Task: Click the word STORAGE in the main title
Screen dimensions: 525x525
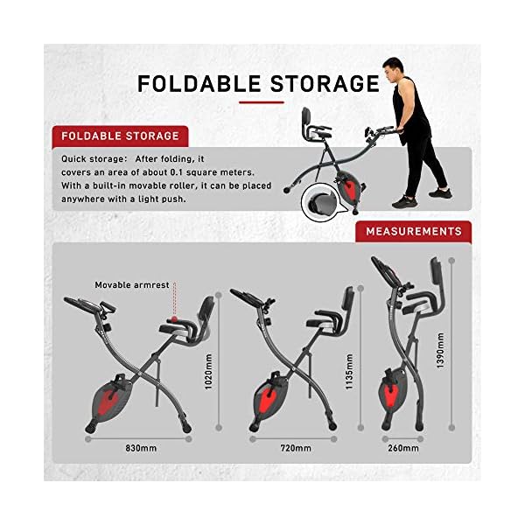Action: point(322,84)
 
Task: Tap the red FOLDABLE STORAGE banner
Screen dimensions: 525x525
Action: point(115,136)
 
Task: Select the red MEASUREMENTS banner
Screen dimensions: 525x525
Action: point(413,232)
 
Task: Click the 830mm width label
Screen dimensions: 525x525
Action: point(140,448)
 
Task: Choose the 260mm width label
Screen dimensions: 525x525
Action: point(403,448)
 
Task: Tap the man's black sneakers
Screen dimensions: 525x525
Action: point(418,200)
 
